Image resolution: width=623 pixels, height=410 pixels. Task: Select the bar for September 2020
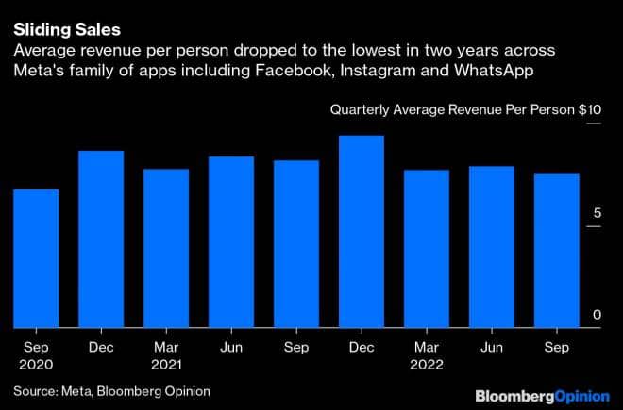(x=35, y=258)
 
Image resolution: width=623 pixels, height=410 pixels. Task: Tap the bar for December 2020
(x=100, y=239)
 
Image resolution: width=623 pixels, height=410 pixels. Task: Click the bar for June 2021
(x=231, y=242)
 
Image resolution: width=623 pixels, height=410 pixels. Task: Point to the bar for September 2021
(x=296, y=244)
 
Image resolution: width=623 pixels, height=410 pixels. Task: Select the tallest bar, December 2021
(x=362, y=232)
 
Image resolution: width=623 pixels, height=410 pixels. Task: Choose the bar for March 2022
(x=427, y=249)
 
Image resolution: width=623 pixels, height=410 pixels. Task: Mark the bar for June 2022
(x=492, y=247)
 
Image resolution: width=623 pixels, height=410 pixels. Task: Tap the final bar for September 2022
(x=557, y=251)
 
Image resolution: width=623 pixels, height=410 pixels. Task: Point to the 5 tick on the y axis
(x=597, y=214)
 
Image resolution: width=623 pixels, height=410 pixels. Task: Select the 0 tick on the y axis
(x=597, y=315)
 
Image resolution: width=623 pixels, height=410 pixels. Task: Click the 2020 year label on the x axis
(x=35, y=363)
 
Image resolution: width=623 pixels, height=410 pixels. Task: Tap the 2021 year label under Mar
(x=166, y=363)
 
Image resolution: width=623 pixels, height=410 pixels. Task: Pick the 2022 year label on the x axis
(x=427, y=363)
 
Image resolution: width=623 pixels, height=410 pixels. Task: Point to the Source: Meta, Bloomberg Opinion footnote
(x=111, y=390)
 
